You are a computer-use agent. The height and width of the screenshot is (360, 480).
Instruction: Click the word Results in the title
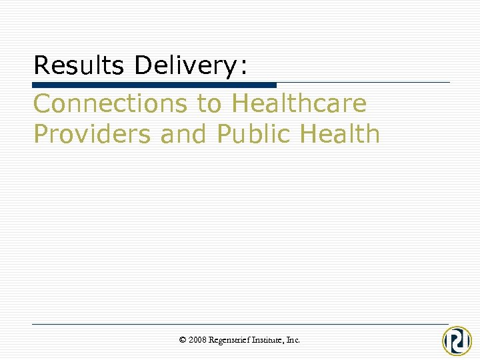click(79, 65)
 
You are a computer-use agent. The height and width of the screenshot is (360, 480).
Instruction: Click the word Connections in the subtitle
click(111, 103)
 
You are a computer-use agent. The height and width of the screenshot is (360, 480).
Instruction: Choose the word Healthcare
click(299, 103)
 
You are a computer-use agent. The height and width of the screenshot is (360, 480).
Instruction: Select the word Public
click(255, 134)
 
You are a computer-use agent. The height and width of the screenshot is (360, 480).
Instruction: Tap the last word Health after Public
click(340, 134)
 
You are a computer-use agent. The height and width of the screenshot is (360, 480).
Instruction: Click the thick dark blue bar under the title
click(154, 85)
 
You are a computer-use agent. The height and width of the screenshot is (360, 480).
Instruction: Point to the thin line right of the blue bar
click(363, 83)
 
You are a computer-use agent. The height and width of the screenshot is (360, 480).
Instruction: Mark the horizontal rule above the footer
click(240, 324)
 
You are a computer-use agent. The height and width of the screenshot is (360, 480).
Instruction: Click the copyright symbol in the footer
click(183, 340)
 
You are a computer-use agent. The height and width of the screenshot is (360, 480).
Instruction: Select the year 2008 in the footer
click(197, 340)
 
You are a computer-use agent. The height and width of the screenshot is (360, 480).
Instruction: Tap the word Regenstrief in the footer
click(230, 340)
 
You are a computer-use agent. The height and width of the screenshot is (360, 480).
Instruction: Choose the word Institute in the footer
click(269, 340)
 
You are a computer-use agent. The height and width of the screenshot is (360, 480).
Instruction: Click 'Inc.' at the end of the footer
click(293, 340)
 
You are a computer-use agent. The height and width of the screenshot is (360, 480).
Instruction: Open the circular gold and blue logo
click(457, 341)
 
